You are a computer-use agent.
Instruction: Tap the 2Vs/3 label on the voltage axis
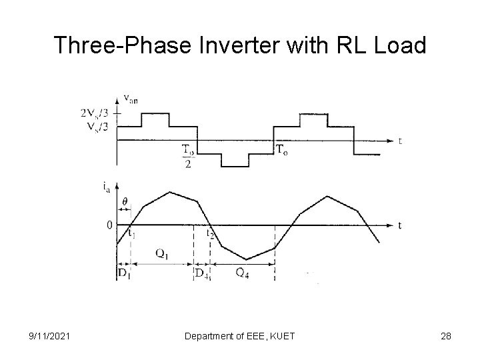pyautogui.click(x=94, y=113)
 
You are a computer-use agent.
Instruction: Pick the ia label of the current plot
pyautogui.click(x=108, y=188)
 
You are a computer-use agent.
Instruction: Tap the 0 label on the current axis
pyautogui.click(x=109, y=225)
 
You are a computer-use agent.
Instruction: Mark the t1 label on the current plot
pyautogui.click(x=132, y=233)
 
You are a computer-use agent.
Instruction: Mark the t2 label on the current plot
pyautogui.click(x=211, y=233)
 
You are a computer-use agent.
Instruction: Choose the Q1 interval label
pyautogui.click(x=161, y=253)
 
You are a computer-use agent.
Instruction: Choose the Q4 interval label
pyautogui.click(x=243, y=272)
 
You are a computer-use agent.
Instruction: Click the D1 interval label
pyautogui.click(x=124, y=273)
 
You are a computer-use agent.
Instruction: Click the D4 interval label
pyautogui.click(x=201, y=273)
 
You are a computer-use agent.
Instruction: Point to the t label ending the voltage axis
pyautogui.click(x=399, y=141)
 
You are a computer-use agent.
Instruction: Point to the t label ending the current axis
pyautogui.click(x=399, y=225)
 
